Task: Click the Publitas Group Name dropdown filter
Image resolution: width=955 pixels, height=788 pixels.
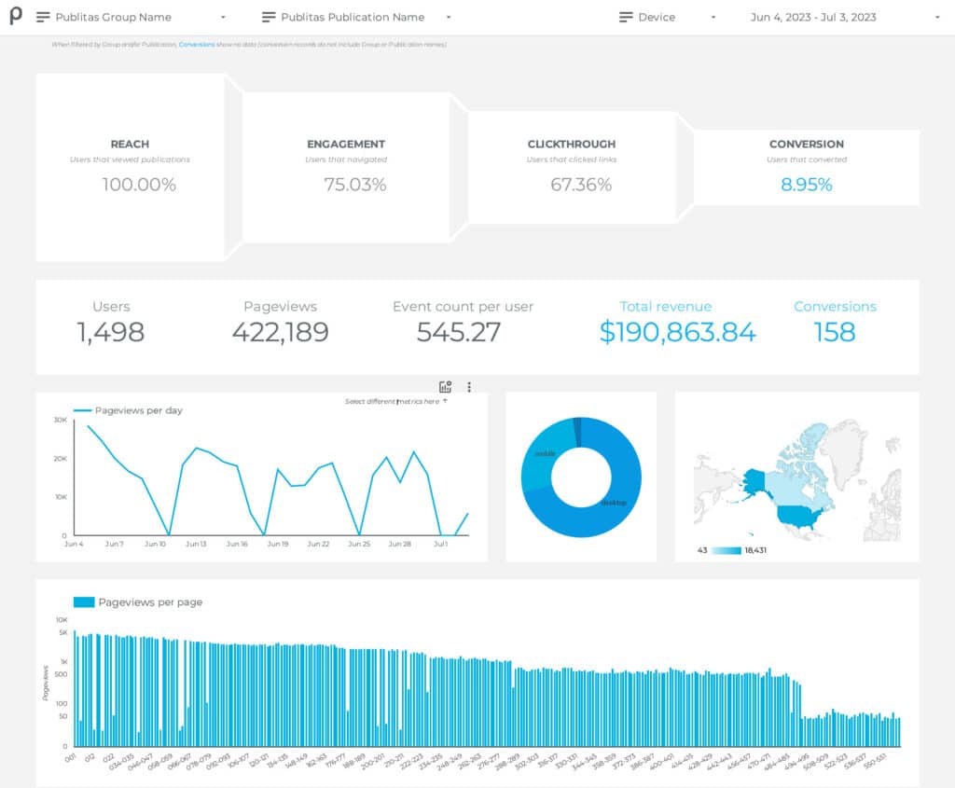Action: coord(131,17)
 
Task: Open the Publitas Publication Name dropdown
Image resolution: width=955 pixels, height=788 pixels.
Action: coord(356,17)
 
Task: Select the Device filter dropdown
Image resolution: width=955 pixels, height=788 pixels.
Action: coord(668,17)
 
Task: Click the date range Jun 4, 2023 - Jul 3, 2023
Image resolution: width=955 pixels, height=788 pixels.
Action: coord(813,17)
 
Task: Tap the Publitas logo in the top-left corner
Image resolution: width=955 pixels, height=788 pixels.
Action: coord(16,17)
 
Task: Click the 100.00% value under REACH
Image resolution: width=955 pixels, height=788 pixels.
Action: coord(138,185)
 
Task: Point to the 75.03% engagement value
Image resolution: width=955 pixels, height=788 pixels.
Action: coord(354,185)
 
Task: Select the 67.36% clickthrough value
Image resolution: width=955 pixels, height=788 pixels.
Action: coord(580,185)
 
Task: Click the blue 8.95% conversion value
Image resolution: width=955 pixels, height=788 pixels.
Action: coord(806,185)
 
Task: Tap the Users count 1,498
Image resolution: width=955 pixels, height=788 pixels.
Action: coord(111,332)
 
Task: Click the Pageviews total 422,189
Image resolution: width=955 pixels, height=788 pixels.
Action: coord(280,332)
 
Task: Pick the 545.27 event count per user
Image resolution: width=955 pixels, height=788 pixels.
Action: coord(459,332)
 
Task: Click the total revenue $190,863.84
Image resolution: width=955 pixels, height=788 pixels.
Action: coord(677,332)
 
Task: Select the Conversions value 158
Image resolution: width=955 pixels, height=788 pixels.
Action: coord(834,332)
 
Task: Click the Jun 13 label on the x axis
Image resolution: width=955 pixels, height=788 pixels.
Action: coord(196,544)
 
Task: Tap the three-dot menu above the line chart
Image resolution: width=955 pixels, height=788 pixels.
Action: coord(469,387)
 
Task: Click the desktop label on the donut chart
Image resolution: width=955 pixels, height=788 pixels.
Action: coord(614,503)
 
